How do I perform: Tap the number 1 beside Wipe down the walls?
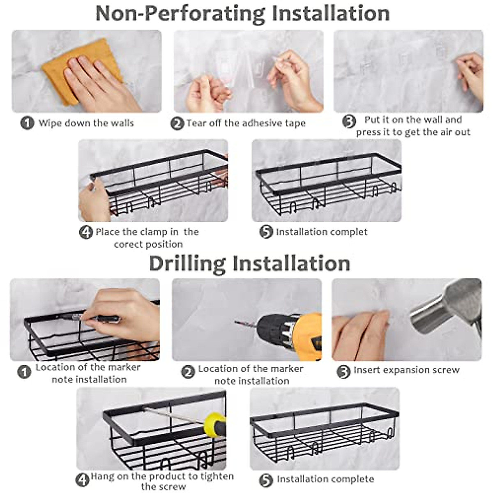coord(27,123)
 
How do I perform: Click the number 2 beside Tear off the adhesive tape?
coord(177,123)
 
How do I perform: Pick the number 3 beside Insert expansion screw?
coord(343,371)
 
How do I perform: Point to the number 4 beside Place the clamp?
coord(86,233)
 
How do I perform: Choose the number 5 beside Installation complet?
coord(266,232)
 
